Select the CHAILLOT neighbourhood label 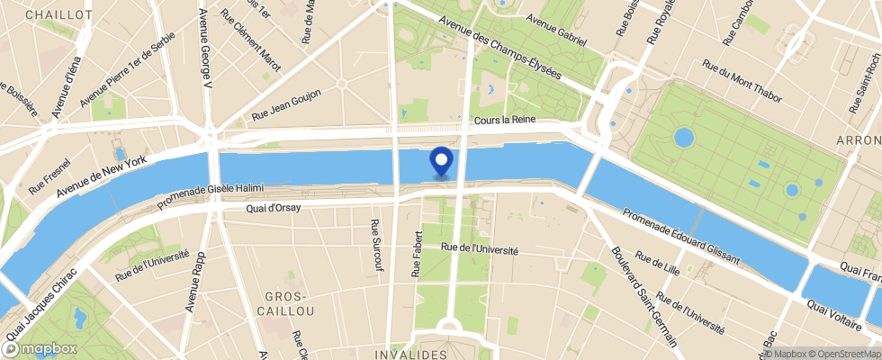pyautogui.click(x=59, y=15)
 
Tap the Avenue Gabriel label pyautogui.click(x=556, y=30)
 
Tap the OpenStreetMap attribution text pyautogui.click(x=841, y=354)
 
